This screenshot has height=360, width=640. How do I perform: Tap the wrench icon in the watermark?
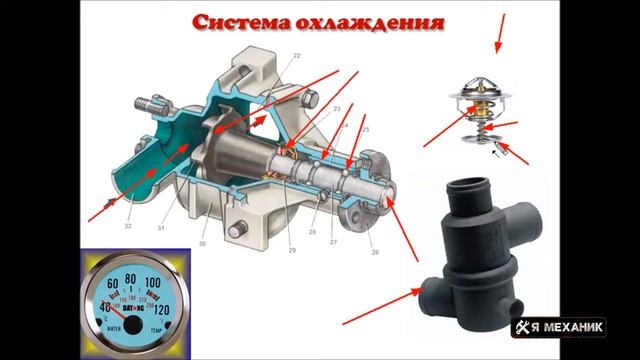pos(524,327)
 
